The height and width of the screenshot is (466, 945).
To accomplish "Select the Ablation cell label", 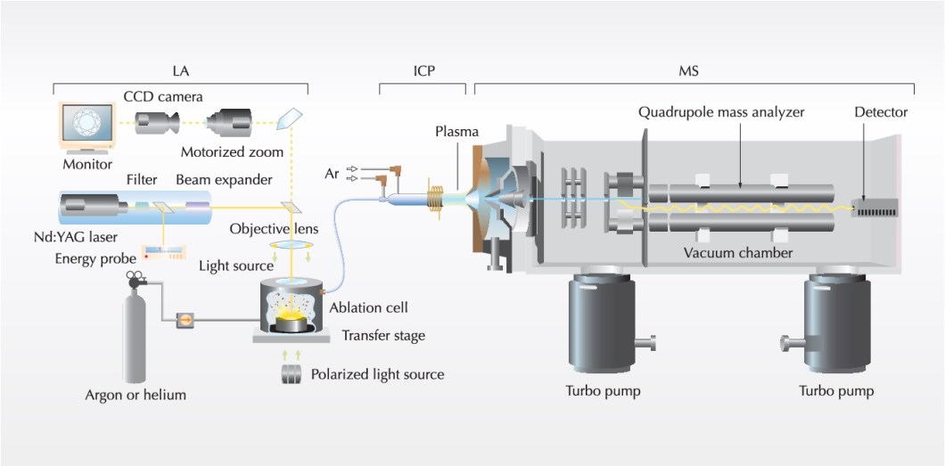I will click(x=368, y=307).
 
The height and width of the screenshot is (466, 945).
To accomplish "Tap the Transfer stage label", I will click(x=383, y=336).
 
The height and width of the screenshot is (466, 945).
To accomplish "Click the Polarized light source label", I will click(x=377, y=373).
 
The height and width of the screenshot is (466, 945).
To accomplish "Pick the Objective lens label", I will click(x=274, y=229).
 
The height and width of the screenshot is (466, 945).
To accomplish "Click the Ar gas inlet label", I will click(x=333, y=172).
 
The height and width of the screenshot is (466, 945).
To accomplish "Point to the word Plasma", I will click(x=456, y=132).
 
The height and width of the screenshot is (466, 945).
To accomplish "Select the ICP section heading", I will click(x=423, y=69).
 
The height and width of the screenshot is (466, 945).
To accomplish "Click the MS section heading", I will click(x=688, y=69).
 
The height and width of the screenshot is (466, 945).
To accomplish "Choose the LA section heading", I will click(x=181, y=69).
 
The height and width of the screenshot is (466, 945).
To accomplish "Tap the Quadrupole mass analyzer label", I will click(x=721, y=112).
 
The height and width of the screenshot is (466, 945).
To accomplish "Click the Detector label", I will click(x=881, y=112).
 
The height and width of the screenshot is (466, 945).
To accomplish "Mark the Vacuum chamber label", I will click(x=738, y=252).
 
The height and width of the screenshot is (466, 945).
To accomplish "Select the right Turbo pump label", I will click(x=836, y=391).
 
